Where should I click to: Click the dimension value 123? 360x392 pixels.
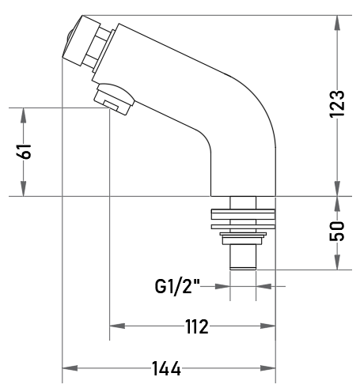coord(337,104)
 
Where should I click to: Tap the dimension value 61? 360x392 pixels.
coord(25,151)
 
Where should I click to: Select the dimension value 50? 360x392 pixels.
coord(337,231)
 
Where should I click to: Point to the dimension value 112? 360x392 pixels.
coord(197,326)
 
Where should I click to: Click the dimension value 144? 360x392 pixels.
coord(166,368)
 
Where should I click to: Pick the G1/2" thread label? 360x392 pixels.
coord(177,287)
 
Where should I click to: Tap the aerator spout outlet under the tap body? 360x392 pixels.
coord(114,100)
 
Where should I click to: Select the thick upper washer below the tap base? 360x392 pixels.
coord(243,214)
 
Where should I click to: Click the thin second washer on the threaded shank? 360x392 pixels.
coord(243,227)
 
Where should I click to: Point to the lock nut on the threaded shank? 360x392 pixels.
coord(243,238)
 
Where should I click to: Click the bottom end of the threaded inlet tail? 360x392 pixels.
coord(243,269)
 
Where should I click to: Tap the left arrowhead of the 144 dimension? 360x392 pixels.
coord(70,368)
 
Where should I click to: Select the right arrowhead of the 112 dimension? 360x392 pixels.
coord(267,326)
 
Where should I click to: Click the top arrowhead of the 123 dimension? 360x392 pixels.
coord(337,23)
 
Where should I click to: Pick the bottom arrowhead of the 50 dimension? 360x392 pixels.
coord(337,262)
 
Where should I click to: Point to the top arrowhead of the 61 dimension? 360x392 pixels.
coord(24,115)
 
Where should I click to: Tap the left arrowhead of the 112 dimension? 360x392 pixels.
coord(117,326)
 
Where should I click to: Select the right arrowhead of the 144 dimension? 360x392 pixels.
coord(267,368)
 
